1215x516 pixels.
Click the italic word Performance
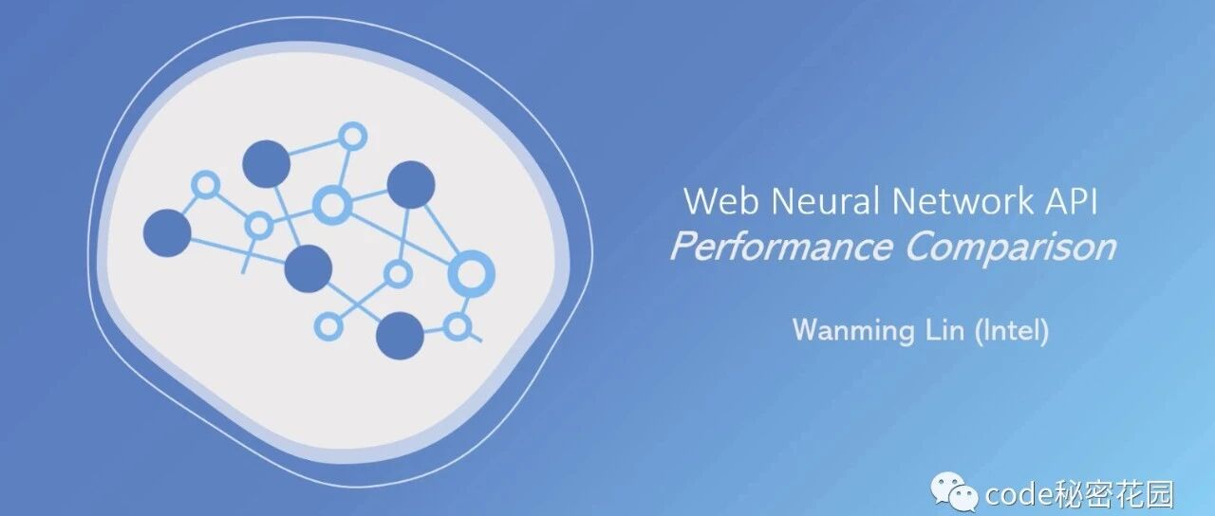click(x=781, y=248)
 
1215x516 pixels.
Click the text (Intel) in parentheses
click(x=1012, y=330)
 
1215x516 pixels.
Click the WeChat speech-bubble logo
click(x=954, y=493)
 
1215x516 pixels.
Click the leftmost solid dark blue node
click(x=167, y=233)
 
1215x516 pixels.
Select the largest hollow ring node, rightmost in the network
click(x=471, y=273)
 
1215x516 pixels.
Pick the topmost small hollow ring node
click(x=352, y=136)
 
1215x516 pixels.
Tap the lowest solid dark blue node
click(x=400, y=336)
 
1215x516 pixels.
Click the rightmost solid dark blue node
click(x=411, y=185)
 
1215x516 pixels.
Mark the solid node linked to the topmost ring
click(x=266, y=164)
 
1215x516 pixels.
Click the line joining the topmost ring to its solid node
click(x=313, y=148)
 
